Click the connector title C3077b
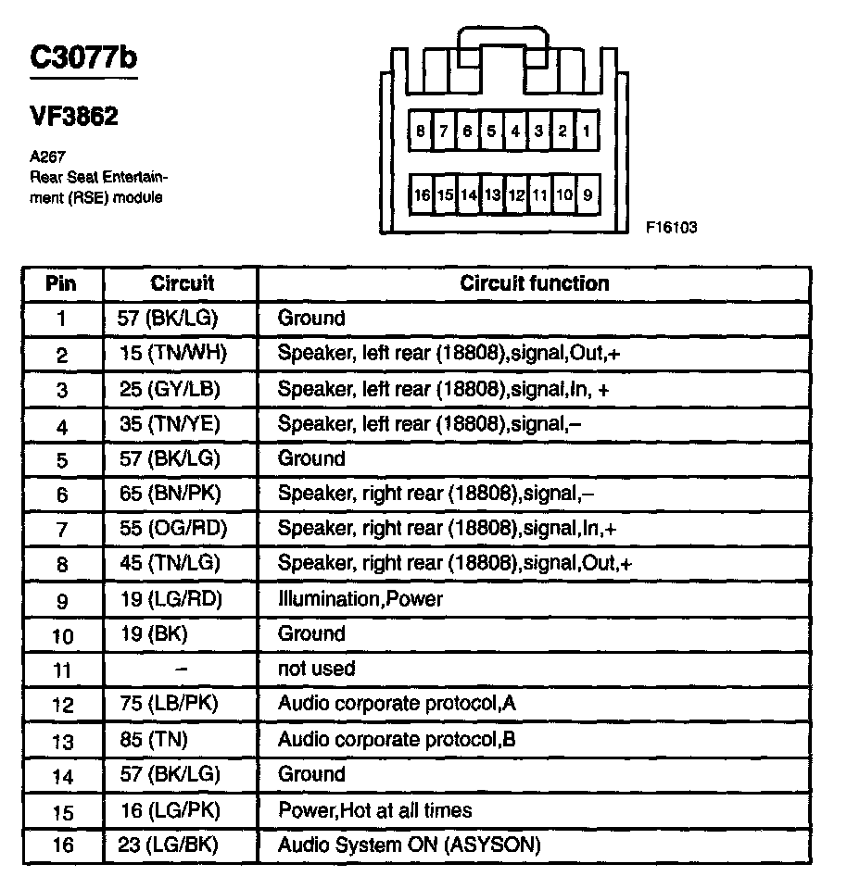(x=83, y=58)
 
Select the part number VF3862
(x=74, y=118)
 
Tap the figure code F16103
(x=672, y=226)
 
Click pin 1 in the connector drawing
(x=587, y=131)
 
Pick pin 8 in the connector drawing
(x=421, y=131)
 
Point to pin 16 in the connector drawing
(x=422, y=195)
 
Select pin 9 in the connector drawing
(x=588, y=195)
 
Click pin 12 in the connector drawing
(x=516, y=195)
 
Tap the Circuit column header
(x=182, y=283)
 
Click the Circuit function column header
(x=535, y=283)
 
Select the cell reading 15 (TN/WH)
(x=173, y=354)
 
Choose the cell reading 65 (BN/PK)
(x=173, y=494)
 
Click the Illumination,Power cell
(x=360, y=599)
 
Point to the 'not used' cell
(x=316, y=669)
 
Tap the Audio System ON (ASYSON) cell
(x=409, y=845)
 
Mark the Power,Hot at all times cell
(x=375, y=810)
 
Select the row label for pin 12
(x=62, y=705)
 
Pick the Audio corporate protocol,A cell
(x=397, y=704)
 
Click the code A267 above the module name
(x=44, y=157)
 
